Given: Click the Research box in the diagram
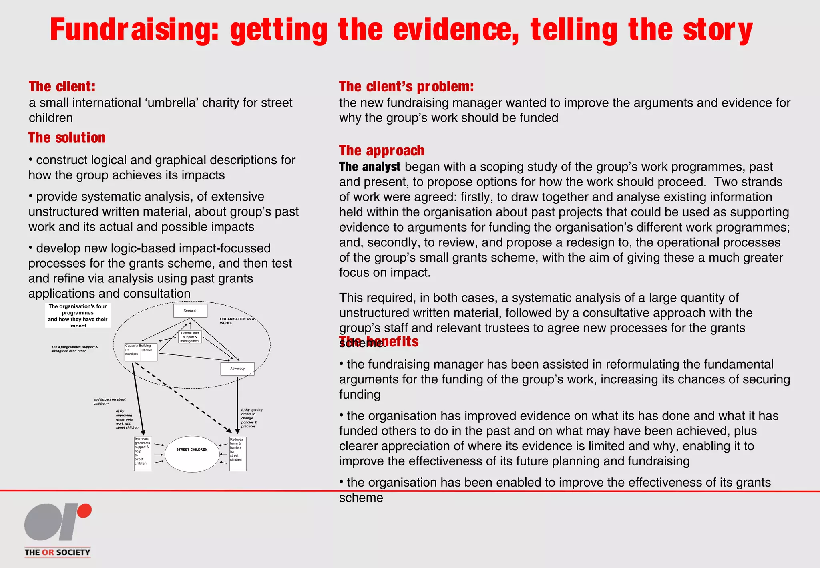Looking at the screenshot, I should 190,310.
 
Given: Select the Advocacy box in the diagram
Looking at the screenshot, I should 237,369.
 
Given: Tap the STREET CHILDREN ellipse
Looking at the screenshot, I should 192,454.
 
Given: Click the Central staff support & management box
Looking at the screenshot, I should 190,337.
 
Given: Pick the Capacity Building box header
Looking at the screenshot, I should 141,346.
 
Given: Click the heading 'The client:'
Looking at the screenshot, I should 62,87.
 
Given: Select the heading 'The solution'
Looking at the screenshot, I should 67,138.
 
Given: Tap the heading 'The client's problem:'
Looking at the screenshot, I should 406,87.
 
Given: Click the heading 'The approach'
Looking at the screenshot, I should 382,151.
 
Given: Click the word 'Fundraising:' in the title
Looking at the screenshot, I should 134,30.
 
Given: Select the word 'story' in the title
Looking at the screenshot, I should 717,30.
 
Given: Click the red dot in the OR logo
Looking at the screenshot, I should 84,511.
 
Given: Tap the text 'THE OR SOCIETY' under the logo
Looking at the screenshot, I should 57,552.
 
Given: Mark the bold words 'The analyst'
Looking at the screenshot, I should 370,167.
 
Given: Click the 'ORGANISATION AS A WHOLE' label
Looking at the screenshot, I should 237,321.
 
